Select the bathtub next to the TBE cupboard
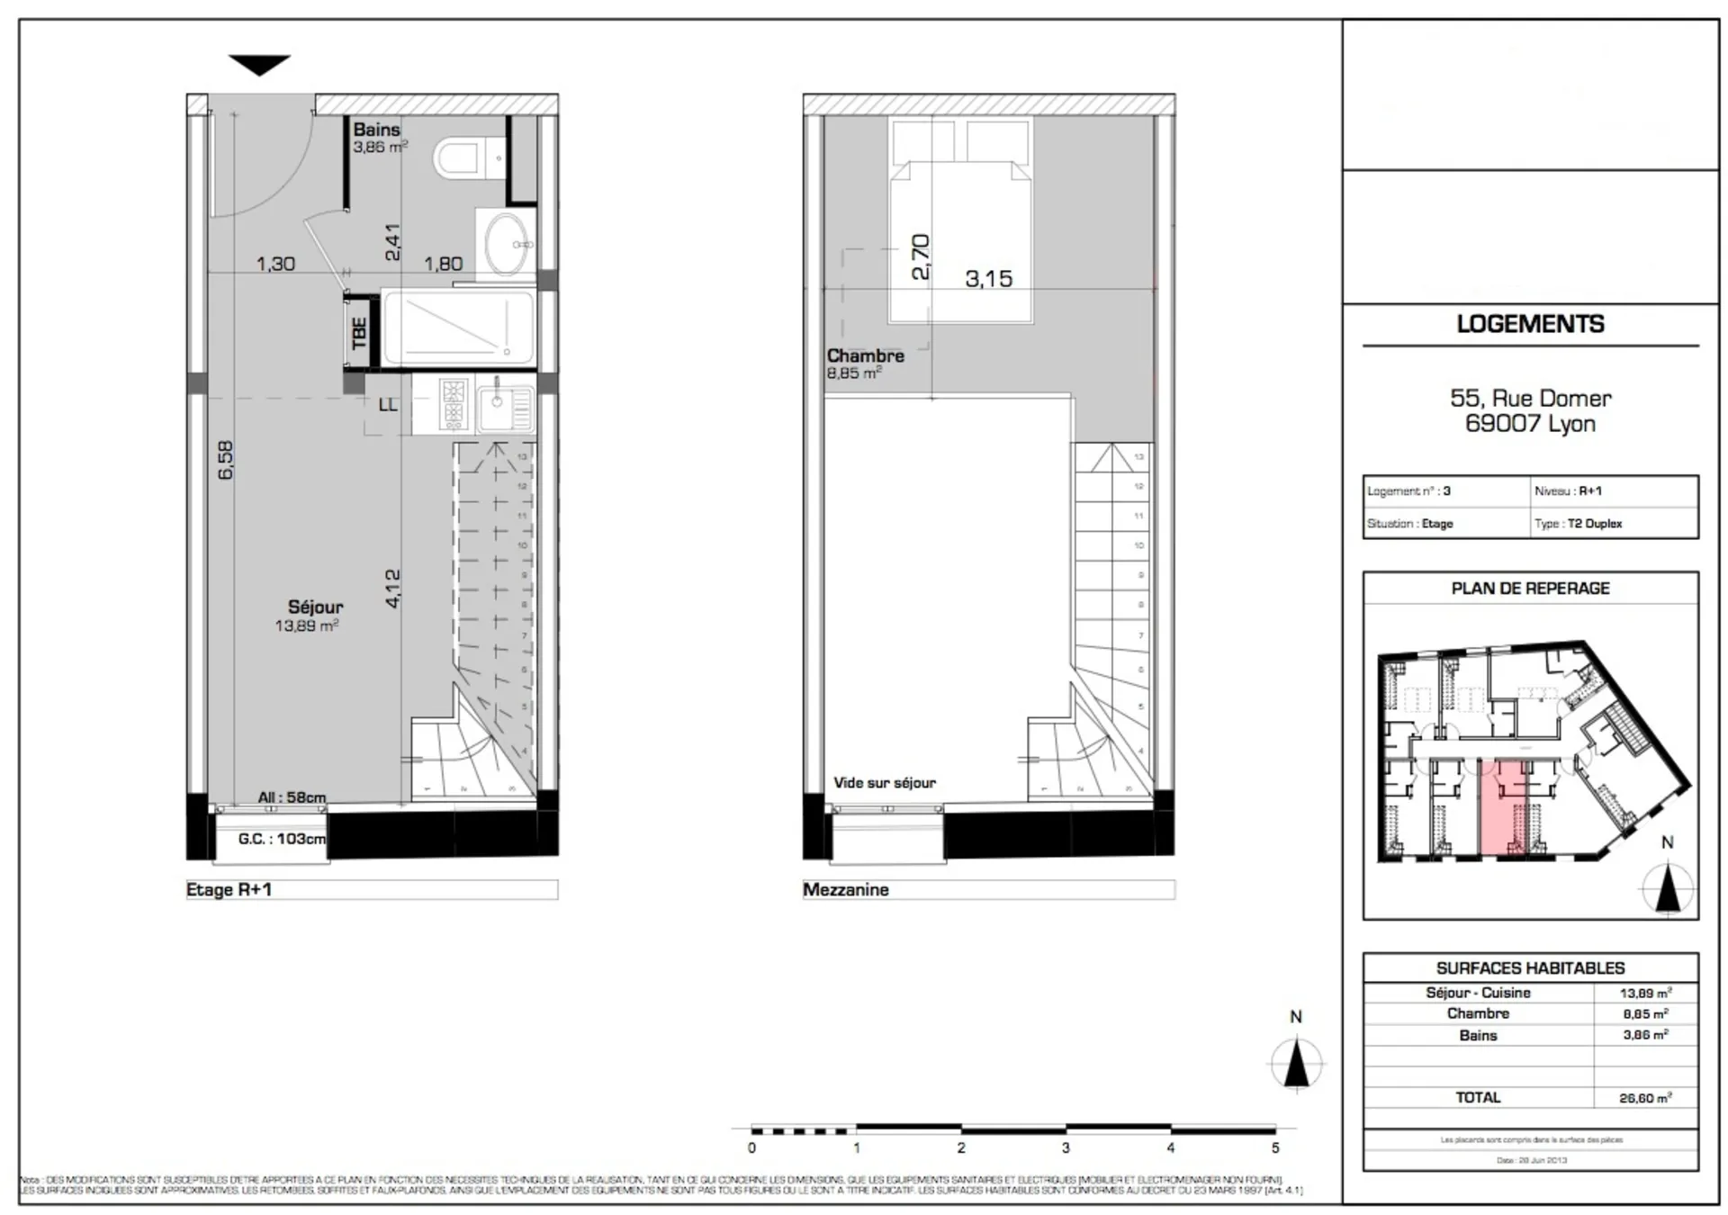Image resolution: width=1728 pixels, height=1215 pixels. tap(458, 328)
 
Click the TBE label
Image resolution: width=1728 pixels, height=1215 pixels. tap(360, 333)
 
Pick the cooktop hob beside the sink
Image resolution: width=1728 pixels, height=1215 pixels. tap(453, 403)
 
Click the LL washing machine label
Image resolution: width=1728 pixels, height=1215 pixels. tap(388, 405)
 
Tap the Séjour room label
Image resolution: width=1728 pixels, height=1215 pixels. tap(315, 607)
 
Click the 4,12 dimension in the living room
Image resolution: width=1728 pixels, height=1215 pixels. tap(392, 588)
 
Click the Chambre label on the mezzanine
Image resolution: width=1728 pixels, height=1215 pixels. tap(865, 355)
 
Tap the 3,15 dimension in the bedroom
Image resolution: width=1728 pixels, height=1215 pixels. tap(988, 279)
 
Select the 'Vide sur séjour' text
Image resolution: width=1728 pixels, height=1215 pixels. tap(884, 783)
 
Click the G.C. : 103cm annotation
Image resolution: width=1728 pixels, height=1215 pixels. tap(282, 839)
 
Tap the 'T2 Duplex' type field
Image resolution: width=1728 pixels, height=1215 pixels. tap(1594, 524)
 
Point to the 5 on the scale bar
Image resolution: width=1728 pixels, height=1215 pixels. tap(1274, 1148)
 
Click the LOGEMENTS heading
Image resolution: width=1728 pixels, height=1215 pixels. tap(1530, 324)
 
